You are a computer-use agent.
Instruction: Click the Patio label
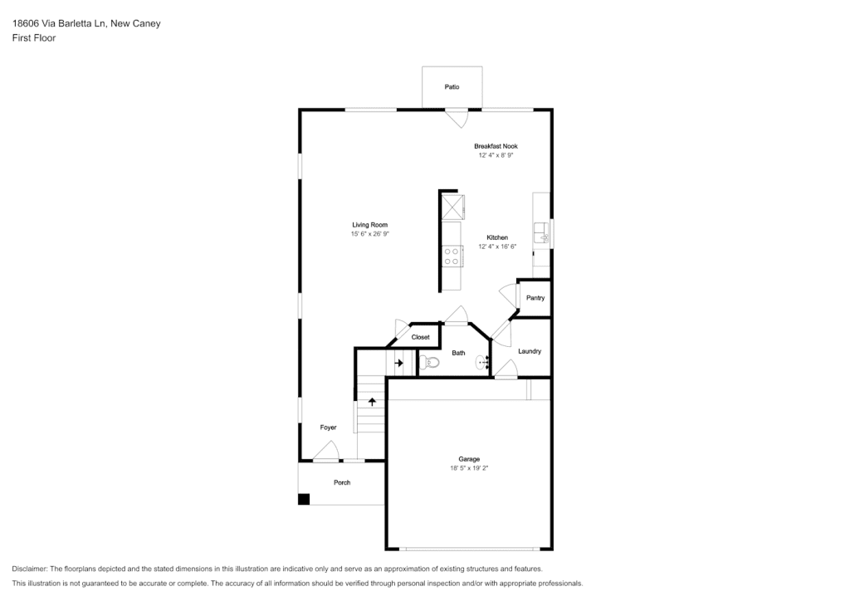(x=452, y=86)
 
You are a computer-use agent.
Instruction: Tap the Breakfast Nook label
(x=496, y=146)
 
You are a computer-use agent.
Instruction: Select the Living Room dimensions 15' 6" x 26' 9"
(x=369, y=234)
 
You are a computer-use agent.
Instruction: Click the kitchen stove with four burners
(x=452, y=256)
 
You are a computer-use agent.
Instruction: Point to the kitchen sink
(x=541, y=233)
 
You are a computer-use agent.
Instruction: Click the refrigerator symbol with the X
(x=452, y=207)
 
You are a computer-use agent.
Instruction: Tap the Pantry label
(x=535, y=297)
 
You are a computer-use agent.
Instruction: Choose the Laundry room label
(x=529, y=351)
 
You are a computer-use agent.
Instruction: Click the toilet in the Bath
(x=429, y=362)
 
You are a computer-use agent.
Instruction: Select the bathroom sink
(x=482, y=362)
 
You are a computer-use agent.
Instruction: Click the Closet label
(x=420, y=337)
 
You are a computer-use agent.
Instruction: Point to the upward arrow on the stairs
(x=372, y=402)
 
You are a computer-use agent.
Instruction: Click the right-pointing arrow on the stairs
(x=399, y=363)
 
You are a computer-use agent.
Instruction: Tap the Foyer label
(x=328, y=428)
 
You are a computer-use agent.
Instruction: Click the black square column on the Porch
(x=304, y=499)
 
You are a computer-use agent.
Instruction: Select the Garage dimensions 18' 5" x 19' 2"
(x=469, y=468)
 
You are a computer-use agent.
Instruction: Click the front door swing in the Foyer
(x=326, y=451)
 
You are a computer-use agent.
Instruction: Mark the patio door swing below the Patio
(x=457, y=118)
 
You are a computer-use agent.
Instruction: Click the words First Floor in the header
(x=34, y=38)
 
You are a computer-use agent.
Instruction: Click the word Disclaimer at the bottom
(x=29, y=569)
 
